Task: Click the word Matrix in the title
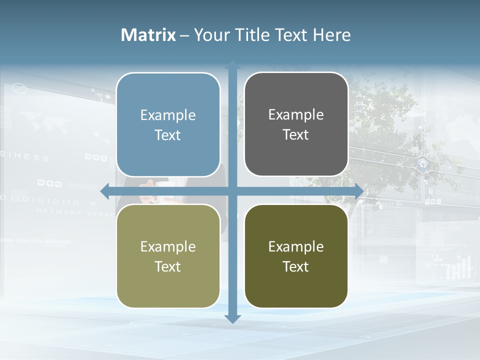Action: (x=148, y=35)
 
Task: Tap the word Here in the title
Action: (x=332, y=35)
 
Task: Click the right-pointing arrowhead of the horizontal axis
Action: (x=359, y=191)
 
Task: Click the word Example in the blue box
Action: (x=168, y=115)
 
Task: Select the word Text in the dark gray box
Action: (x=296, y=135)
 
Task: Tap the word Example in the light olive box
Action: (x=168, y=247)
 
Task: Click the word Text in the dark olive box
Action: (x=296, y=267)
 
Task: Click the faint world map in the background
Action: (x=43, y=122)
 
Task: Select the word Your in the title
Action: (x=210, y=35)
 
